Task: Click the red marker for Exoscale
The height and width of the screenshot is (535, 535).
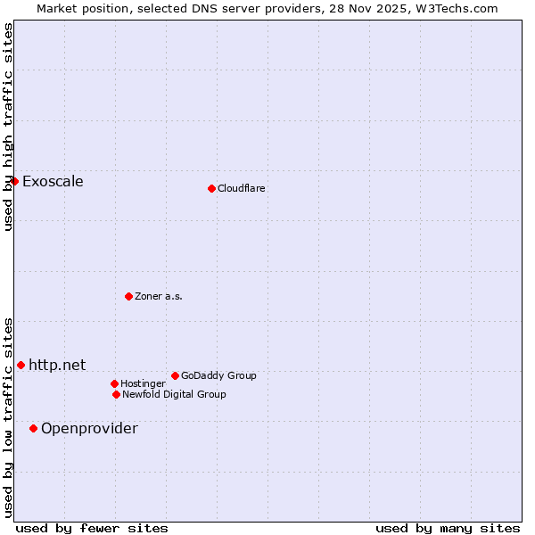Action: [x=14, y=181]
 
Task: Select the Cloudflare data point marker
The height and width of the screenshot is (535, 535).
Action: [x=211, y=188]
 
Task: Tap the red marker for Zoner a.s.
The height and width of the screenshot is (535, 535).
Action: [x=128, y=296]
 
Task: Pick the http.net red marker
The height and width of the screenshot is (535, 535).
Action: [x=21, y=365]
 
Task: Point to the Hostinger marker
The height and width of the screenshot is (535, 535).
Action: [x=114, y=383]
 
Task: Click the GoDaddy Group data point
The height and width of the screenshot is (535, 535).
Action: [x=175, y=375]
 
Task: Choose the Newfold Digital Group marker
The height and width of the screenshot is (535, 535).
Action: [x=116, y=394]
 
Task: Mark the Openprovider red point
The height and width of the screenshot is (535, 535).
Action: [x=33, y=428]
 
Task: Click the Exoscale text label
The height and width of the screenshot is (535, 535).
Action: [x=53, y=182]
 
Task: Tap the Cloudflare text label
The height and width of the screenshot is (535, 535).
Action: [x=242, y=189]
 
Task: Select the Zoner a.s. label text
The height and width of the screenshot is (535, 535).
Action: [x=159, y=297]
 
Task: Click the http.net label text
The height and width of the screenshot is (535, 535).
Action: [x=57, y=365]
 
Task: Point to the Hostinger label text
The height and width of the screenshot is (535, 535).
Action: [x=143, y=384]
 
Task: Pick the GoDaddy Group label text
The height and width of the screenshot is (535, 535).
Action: [x=218, y=376]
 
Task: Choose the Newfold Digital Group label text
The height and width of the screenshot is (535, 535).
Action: [x=174, y=395]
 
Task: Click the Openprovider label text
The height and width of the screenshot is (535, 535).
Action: [x=89, y=429]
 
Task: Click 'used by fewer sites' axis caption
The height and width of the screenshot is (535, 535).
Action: [x=92, y=528]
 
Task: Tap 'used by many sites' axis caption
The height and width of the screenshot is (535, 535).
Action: [x=448, y=528]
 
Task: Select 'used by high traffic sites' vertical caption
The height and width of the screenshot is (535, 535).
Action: [x=8, y=127]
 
